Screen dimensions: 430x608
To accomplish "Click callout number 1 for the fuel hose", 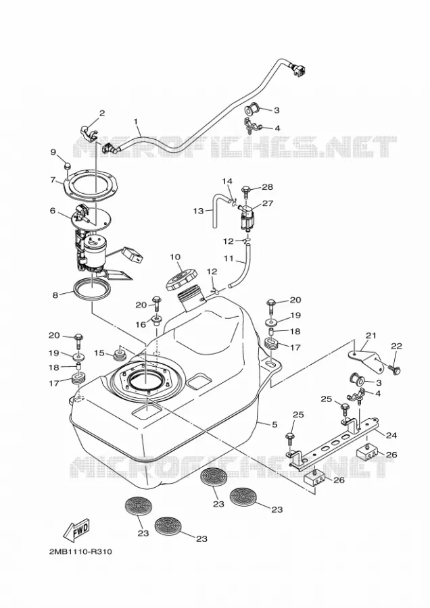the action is tap(136, 122).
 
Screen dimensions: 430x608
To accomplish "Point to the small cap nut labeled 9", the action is tap(66, 166).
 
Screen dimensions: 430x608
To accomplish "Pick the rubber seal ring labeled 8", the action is tap(92, 289).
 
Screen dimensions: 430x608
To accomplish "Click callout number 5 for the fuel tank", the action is tap(274, 425).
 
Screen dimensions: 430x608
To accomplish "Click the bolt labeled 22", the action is tap(395, 370).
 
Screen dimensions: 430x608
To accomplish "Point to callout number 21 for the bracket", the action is tap(371, 335).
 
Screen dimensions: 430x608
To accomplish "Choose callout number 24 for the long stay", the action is tap(391, 435).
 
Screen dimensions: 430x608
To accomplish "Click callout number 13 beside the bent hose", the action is tap(198, 211).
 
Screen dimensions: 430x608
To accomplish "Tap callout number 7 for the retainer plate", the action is tap(53, 180).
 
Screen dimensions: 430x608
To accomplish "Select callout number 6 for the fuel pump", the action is tap(53, 211).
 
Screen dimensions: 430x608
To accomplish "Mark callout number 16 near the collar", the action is tap(141, 324).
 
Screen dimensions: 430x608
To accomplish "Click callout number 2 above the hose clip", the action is tap(102, 113).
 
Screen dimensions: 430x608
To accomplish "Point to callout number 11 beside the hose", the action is tap(229, 257).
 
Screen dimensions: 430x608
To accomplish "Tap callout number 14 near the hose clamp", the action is tap(227, 181).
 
